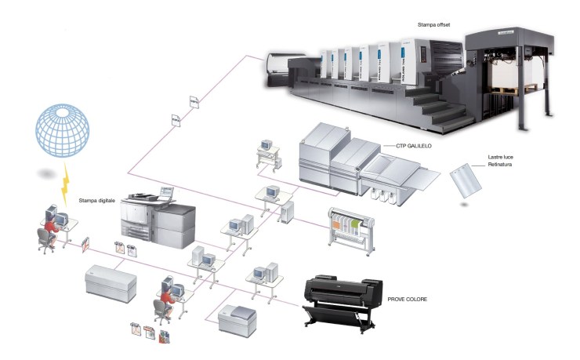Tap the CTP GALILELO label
click(x=409, y=146)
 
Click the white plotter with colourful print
click(x=350, y=227)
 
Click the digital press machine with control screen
click(x=161, y=220)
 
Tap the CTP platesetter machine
click(x=353, y=165)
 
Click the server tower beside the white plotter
click(x=288, y=210)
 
